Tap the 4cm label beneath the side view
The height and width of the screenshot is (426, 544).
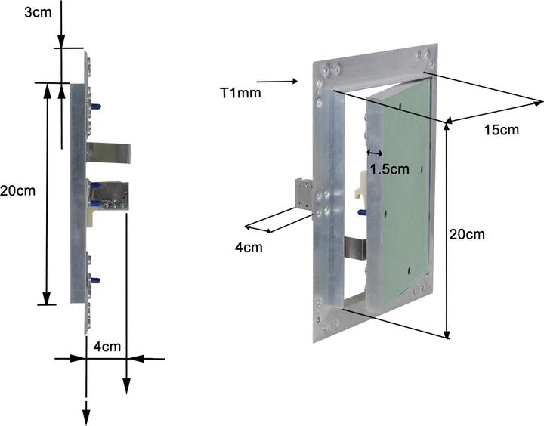pos(107,347)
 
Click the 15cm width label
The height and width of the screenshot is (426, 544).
pos(500,130)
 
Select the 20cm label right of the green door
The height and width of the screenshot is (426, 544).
pos(467,235)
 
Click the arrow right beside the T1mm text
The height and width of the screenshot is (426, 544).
pos(280,80)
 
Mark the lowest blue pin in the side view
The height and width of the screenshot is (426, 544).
pos(94,281)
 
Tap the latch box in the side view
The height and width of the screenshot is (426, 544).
pos(110,195)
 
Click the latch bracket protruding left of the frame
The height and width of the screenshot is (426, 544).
pos(303,194)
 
